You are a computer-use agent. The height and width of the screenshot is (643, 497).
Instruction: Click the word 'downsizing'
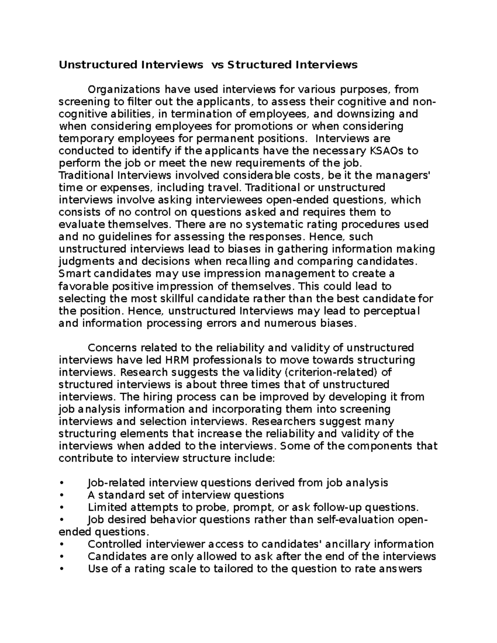(x=364, y=114)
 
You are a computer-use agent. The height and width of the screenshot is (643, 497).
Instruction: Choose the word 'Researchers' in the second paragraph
(x=280, y=421)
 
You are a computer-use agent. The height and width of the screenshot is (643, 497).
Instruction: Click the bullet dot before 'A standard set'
(x=62, y=495)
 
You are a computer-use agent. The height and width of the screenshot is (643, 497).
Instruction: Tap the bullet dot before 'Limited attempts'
(x=62, y=508)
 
